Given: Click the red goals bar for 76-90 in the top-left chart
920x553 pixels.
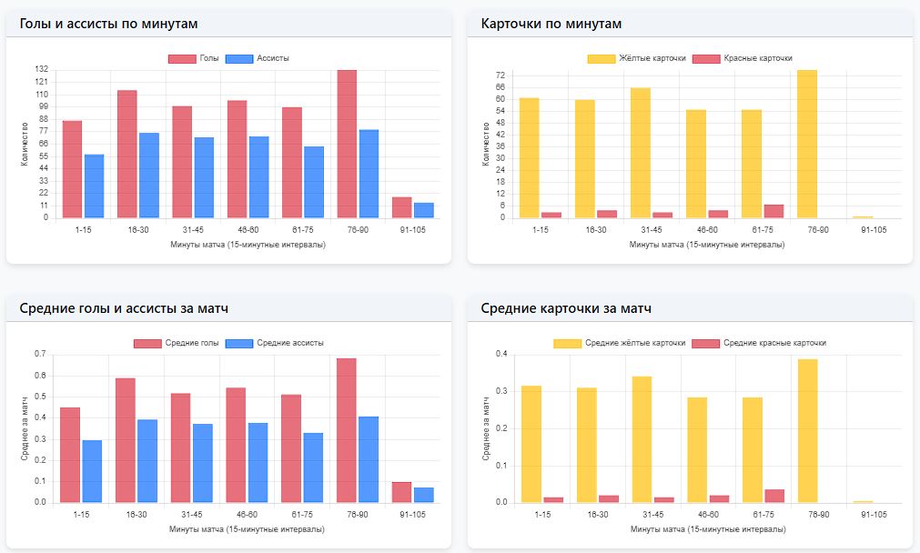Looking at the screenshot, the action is click(x=347, y=145).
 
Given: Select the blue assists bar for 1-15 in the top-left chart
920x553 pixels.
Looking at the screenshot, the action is click(x=94, y=186).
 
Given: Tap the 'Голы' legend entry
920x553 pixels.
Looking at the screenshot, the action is click(x=194, y=58).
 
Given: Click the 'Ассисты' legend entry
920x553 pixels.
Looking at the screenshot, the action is click(x=258, y=58).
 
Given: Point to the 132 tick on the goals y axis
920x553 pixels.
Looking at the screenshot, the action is click(x=41, y=69).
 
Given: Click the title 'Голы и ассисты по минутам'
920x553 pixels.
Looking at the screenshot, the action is click(x=108, y=24).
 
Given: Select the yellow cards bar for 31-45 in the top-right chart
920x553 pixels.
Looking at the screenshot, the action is click(x=641, y=153).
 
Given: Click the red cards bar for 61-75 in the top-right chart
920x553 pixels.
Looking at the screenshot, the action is click(x=773, y=211).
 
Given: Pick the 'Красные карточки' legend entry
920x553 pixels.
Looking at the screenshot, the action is click(x=743, y=58).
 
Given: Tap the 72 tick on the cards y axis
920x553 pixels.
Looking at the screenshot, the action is click(x=500, y=75).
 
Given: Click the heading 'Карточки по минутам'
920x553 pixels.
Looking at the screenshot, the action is click(x=551, y=24).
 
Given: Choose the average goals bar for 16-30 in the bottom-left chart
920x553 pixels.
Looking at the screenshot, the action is click(x=126, y=440).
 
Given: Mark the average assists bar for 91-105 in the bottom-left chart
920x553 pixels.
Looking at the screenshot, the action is click(x=424, y=495).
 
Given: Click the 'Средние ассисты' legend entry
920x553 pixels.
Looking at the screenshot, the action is click(x=275, y=343).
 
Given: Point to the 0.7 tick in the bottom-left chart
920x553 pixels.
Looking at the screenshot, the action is click(x=40, y=354).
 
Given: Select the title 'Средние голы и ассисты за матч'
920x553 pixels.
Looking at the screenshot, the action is click(x=124, y=308).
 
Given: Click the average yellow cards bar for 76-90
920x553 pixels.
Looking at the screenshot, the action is click(x=808, y=431).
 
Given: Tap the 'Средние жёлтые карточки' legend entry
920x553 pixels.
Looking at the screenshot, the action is click(x=620, y=343).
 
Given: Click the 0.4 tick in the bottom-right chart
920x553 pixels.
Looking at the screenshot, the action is click(x=501, y=354).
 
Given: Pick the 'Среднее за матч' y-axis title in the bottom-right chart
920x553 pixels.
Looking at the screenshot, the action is click(x=485, y=428).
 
